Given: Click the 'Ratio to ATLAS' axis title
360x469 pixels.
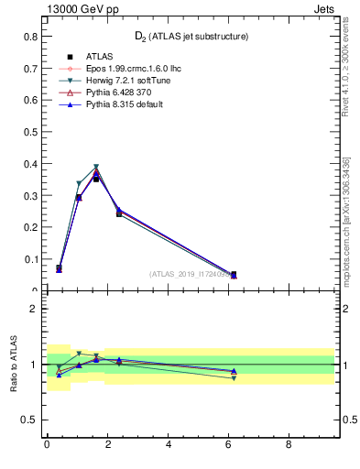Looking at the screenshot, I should pos(13,364).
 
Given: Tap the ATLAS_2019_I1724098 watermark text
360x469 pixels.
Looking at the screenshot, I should pos(190,274).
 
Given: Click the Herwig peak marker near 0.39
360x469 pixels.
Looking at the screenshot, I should pos(96,167).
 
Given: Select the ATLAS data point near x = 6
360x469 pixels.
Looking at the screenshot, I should pos(234,274).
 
